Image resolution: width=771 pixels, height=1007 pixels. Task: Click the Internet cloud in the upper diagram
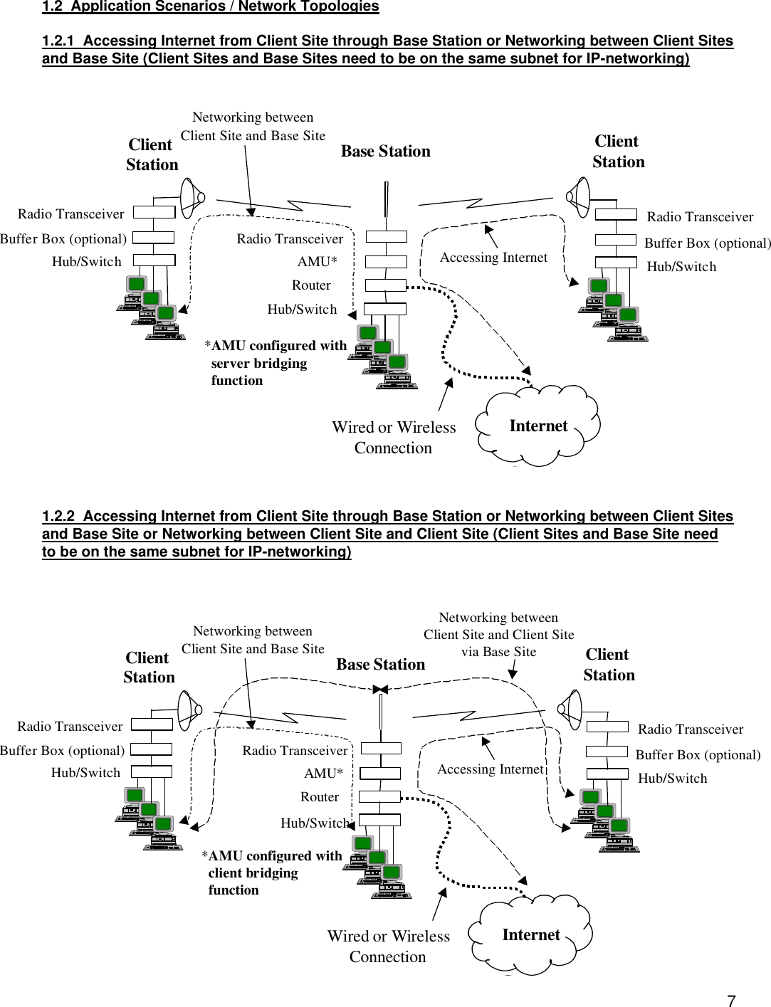pos(539,426)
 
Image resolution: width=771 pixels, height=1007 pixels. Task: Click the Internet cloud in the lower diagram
pos(531,934)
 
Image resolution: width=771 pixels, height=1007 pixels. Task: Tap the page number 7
pos(731,1000)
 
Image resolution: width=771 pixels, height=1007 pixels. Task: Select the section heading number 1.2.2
pos(58,516)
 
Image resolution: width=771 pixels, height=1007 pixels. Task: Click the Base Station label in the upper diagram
pos(385,151)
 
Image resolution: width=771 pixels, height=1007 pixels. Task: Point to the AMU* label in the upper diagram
pos(317,262)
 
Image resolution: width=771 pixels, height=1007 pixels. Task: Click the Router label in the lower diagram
pos(320,797)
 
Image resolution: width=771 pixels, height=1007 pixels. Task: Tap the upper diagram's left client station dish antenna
pos(192,197)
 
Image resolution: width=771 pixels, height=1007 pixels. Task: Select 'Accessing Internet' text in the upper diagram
pos(493,258)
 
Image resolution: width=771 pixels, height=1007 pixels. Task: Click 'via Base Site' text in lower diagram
pos(498,652)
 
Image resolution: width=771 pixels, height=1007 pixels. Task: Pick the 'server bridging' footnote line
pos(258,364)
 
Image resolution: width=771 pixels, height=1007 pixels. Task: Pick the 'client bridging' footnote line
pos(253,873)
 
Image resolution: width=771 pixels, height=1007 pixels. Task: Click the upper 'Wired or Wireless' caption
pos(394,428)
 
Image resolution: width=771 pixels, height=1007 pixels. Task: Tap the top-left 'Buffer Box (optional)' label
pos(63,239)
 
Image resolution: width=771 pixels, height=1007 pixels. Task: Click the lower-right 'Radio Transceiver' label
pos(690,729)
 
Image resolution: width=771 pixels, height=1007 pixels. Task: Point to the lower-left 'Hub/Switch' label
pos(85,773)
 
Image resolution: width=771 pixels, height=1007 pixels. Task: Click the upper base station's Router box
pos(385,285)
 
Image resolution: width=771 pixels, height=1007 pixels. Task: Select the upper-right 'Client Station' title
pos(618,152)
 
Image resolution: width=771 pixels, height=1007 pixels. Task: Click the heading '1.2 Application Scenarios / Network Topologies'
pos(211,6)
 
